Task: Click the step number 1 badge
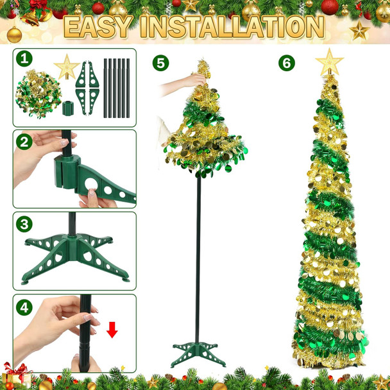point(24,59)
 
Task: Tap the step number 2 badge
point(24,142)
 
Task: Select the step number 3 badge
point(24,224)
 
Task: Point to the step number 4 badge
point(24,307)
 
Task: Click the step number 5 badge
point(161,63)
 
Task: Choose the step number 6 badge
point(287,63)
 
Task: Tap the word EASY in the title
point(97,27)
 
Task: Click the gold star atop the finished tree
point(329,62)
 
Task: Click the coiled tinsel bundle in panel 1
point(38,94)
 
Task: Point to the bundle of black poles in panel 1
point(117,88)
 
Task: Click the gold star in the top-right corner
point(359,30)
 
